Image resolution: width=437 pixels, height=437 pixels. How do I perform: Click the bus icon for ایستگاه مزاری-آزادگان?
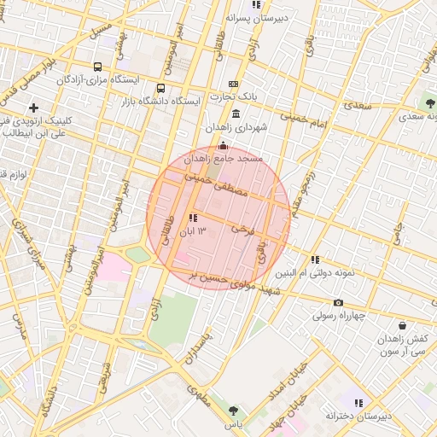[x=97, y=67]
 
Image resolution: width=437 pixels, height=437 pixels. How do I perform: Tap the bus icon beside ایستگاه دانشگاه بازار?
[x=161, y=88]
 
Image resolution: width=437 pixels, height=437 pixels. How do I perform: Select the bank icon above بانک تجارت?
[x=234, y=84]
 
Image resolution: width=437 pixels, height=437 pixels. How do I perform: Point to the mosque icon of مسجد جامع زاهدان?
[x=224, y=145]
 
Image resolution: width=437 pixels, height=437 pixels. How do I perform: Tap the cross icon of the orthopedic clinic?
[x=33, y=108]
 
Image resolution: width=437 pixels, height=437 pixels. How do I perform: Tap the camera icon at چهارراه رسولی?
[x=338, y=302]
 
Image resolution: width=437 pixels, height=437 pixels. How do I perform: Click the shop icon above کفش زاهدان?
[x=402, y=325]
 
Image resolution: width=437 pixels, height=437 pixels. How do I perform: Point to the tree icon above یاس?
[x=233, y=411]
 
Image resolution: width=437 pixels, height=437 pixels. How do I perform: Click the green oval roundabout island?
[x=137, y=254]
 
